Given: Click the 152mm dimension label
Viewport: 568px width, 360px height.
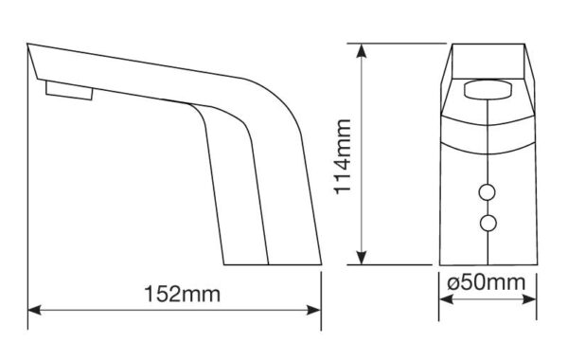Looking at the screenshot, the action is (182, 294).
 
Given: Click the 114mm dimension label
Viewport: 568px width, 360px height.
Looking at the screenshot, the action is (343, 157).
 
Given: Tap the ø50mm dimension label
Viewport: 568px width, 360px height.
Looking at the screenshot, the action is (486, 282).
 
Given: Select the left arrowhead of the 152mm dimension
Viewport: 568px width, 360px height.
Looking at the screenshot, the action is (34, 311).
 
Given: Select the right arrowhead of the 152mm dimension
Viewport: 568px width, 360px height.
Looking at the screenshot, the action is (314, 311).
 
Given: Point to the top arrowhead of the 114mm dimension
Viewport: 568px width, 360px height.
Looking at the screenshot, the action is (361, 51).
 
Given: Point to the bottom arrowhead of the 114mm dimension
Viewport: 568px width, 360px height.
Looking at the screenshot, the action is (362, 258).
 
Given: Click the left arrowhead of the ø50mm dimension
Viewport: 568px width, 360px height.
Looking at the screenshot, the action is (446, 299).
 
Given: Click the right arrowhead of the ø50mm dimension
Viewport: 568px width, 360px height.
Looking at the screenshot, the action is (529, 299).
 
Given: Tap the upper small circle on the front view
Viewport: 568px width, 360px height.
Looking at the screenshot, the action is (488, 192).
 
